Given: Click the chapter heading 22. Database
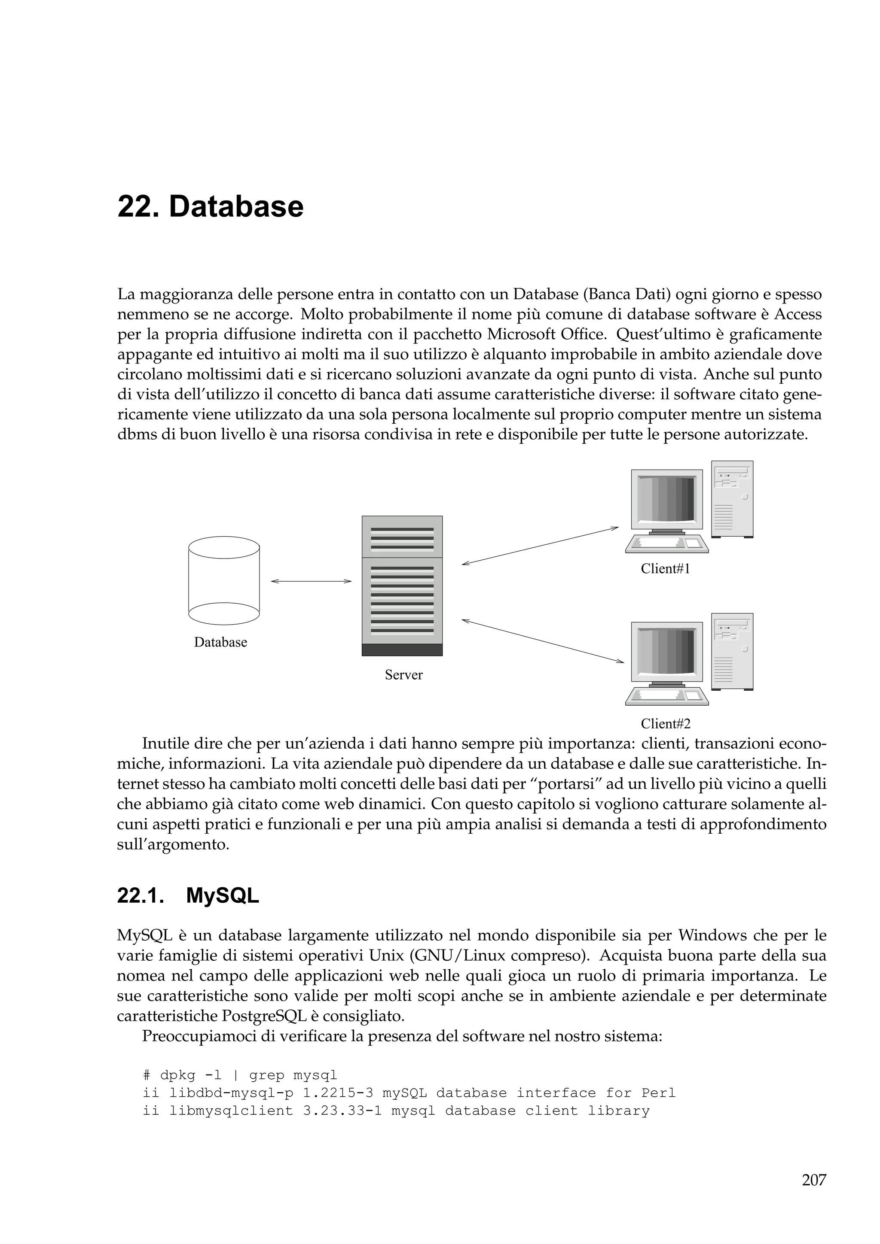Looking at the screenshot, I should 211,207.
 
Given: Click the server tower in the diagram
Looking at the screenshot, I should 402,585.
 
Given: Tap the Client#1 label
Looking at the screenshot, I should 665,568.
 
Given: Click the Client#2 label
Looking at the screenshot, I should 665,723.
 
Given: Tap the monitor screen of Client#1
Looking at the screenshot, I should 666,498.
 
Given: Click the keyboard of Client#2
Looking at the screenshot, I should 666,697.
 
